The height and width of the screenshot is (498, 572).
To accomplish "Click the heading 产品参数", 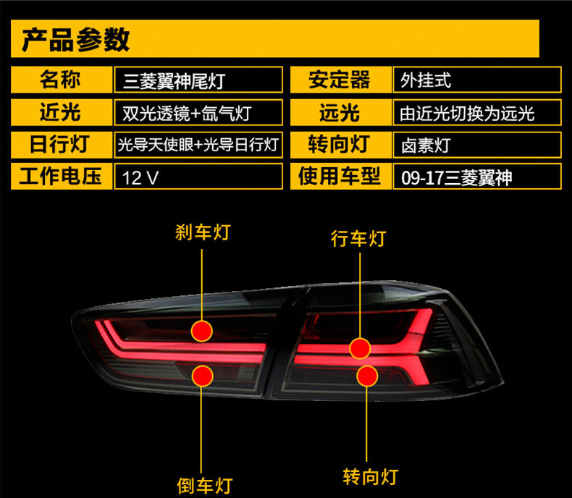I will (77, 39).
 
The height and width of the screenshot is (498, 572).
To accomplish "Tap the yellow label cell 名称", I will (61, 79).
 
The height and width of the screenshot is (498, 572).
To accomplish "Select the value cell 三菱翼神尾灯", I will (198, 80).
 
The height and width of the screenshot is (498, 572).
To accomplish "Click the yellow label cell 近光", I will (61, 112).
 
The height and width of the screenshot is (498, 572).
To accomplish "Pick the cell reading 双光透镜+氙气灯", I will (198, 112).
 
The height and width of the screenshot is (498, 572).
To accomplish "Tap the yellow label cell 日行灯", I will (61, 144).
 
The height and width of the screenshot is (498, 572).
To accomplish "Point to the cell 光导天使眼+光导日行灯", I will (198, 144).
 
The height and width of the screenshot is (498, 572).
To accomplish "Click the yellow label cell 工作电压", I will (61, 177).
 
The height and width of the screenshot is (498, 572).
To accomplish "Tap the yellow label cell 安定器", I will (339, 79).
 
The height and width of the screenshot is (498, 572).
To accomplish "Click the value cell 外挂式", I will (477, 80).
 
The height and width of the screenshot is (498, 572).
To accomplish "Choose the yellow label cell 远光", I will (339, 112).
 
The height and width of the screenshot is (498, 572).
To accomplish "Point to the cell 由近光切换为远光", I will (477, 113).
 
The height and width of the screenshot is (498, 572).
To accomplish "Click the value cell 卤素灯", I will (477, 145).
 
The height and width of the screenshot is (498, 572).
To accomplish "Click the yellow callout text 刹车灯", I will (203, 232).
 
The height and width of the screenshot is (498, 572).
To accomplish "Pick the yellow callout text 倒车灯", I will (205, 484).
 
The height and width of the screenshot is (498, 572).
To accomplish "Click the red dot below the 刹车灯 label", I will (203, 330).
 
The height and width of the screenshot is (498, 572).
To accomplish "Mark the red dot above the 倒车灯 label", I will (203, 375).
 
